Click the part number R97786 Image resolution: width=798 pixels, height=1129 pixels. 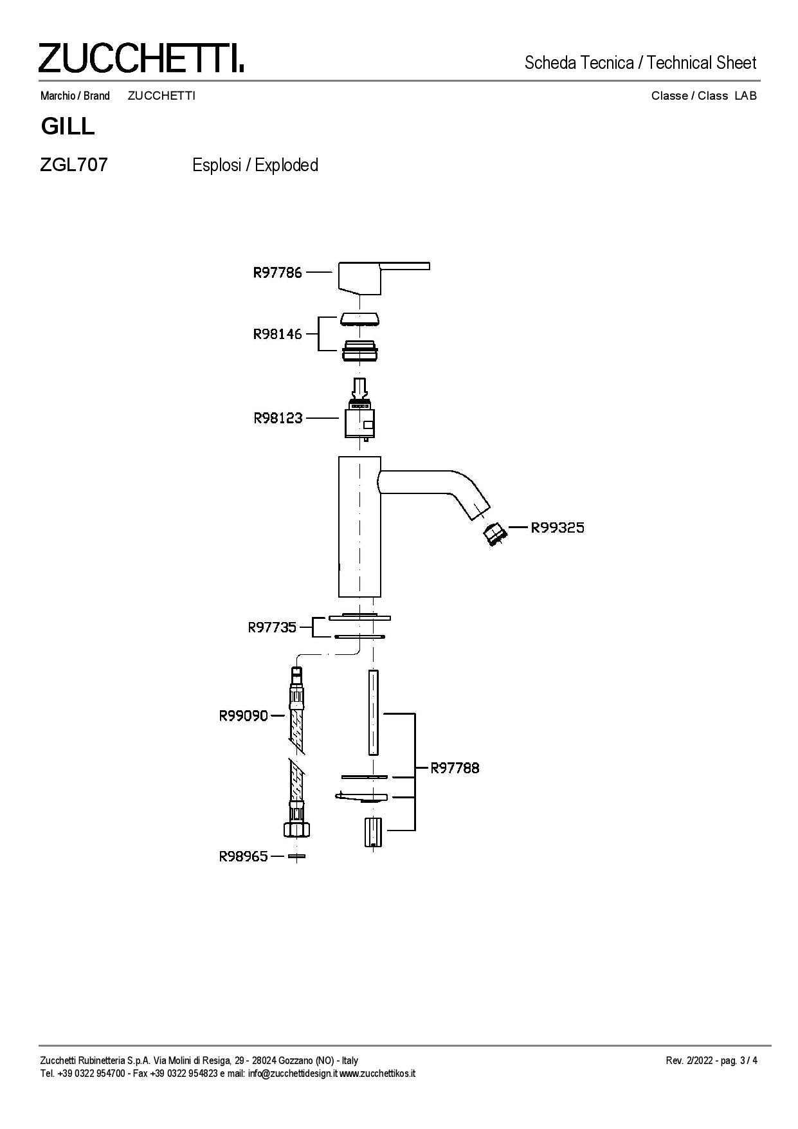(x=277, y=273)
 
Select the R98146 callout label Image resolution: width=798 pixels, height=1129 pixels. (x=277, y=335)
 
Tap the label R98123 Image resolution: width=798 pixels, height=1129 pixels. (x=278, y=418)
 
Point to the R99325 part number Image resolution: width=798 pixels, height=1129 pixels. (x=558, y=528)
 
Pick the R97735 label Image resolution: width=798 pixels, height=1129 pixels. (x=273, y=627)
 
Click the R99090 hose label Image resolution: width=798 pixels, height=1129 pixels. (x=244, y=715)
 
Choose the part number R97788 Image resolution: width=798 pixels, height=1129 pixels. (x=455, y=767)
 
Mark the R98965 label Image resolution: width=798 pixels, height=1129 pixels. (x=244, y=856)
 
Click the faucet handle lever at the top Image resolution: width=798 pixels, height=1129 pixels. (x=383, y=278)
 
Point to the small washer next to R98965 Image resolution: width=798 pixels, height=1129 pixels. (x=296, y=856)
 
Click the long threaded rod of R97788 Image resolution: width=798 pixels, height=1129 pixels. (x=374, y=712)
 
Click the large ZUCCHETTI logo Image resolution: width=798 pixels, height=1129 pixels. (x=141, y=58)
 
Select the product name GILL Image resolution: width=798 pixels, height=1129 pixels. (x=68, y=126)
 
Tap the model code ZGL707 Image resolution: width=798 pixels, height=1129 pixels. (x=74, y=165)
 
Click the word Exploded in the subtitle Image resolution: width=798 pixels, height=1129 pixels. (x=286, y=165)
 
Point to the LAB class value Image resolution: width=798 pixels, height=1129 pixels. (x=746, y=96)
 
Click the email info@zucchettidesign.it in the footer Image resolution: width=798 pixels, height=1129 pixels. (x=293, y=1073)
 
